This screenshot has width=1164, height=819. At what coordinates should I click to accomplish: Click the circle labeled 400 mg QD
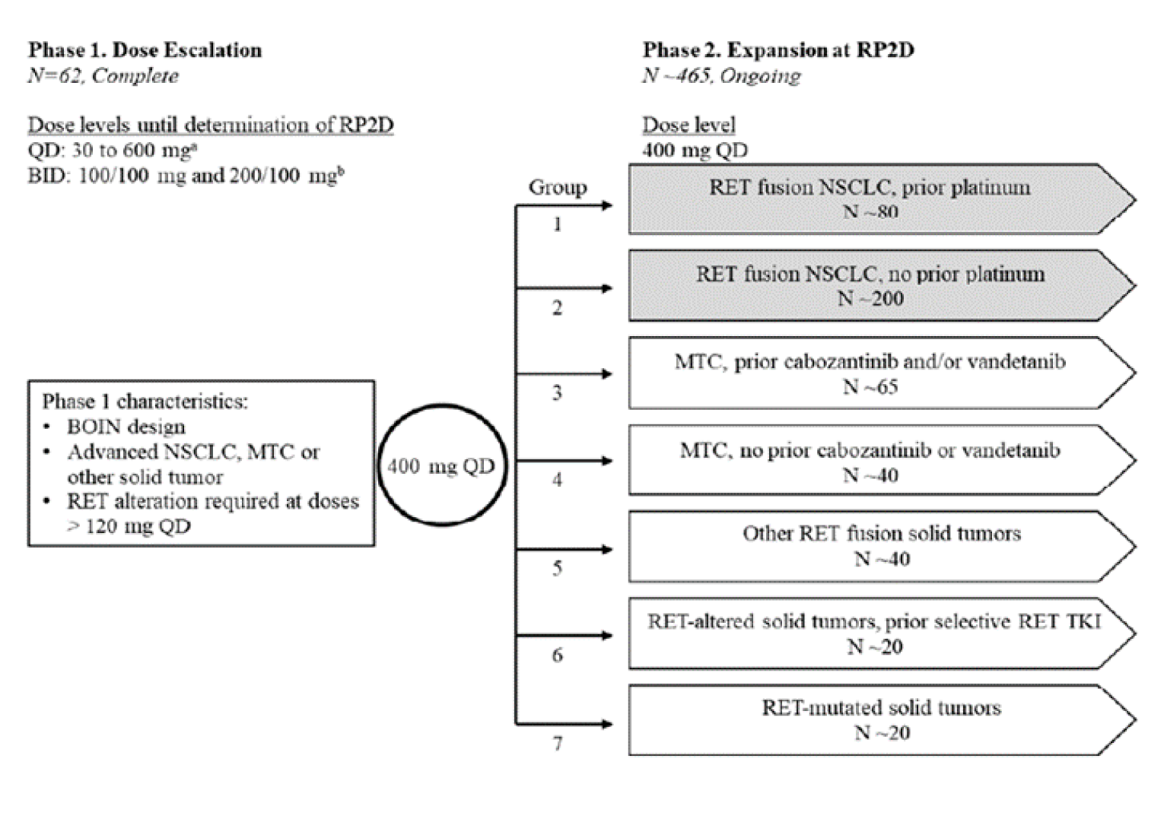pos(441,465)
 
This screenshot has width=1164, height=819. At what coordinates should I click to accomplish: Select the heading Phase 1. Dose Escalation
pos(145,50)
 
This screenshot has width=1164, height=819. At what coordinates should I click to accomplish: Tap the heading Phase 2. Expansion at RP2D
pos(778,50)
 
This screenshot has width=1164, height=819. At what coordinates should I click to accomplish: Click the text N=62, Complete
pos(103,76)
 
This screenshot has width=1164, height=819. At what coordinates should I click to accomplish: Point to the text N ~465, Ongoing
pos(721,76)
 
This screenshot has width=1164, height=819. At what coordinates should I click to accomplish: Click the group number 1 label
pos(557,224)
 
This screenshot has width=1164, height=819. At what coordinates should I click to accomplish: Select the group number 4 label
pos(557,480)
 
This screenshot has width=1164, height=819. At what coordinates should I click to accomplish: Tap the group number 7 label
pos(557,744)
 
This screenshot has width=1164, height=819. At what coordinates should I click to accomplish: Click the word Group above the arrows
pos(558,187)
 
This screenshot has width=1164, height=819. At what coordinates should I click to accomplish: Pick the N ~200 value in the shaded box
pos(870,299)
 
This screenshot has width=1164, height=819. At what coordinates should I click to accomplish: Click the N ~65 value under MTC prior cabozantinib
pos(870,387)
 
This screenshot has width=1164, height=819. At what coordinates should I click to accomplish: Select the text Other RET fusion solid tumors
pos(881,533)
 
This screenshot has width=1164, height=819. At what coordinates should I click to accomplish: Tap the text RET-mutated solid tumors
pos(881,708)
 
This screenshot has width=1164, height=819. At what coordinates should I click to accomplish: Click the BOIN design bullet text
pos(126,427)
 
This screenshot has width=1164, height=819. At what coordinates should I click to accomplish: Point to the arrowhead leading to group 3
pos(606,374)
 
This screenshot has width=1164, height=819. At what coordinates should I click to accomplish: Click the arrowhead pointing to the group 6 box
pos(606,636)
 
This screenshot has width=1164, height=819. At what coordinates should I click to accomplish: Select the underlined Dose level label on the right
pos(689,125)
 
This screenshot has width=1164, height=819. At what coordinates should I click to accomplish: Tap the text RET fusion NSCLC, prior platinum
pos(870,187)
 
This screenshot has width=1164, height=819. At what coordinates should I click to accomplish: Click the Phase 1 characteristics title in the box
pos(145,401)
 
